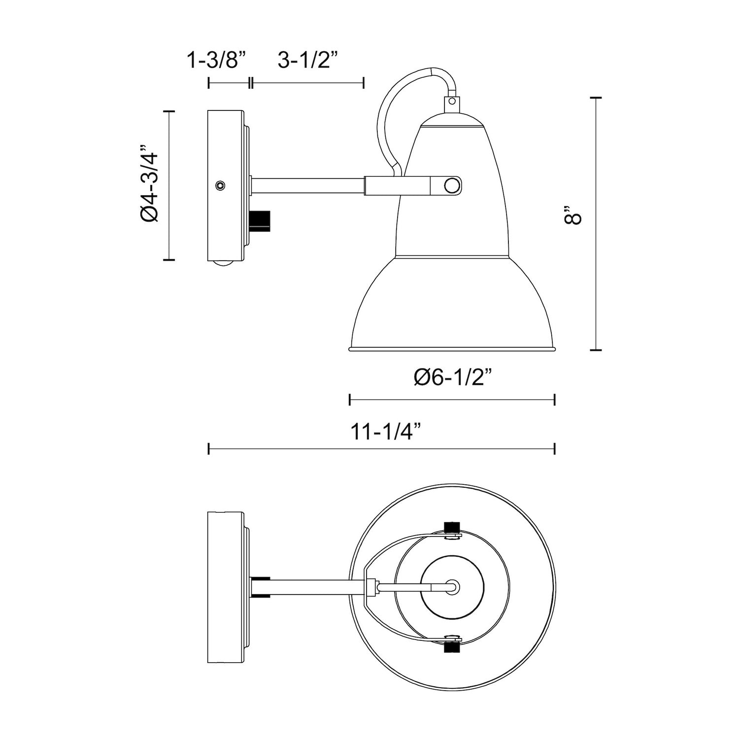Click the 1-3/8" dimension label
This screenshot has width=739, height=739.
(216, 61)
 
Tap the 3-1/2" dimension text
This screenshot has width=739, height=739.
(307, 61)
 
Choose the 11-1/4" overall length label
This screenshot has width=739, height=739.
(386, 432)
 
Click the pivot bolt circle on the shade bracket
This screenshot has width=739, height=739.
(451, 186)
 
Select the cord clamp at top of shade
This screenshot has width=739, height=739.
(451, 102)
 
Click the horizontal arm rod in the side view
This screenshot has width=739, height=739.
(308, 186)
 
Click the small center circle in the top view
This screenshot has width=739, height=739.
(452, 586)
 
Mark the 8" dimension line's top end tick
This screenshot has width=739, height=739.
(596, 99)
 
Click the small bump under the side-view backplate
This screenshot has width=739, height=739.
(223, 265)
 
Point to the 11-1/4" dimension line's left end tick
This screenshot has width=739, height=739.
(209, 448)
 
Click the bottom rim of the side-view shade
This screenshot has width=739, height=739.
(452, 349)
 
